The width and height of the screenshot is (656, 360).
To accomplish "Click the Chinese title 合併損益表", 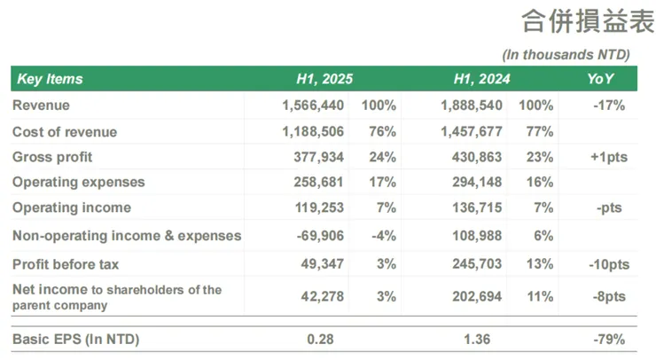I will (575, 21).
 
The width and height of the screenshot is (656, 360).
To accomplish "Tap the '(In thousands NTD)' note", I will (566, 54).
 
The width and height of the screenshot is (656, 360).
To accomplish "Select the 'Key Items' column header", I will (50, 79).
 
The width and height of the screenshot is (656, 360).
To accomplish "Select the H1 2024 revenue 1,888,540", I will (472, 106).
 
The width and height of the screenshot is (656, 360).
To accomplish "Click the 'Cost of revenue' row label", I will (65, 132).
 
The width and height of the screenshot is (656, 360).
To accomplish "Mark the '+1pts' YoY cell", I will (609, 157).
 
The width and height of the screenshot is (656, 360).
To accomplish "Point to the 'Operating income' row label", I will (72, 207).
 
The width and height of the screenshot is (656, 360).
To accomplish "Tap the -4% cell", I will (382, 236).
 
